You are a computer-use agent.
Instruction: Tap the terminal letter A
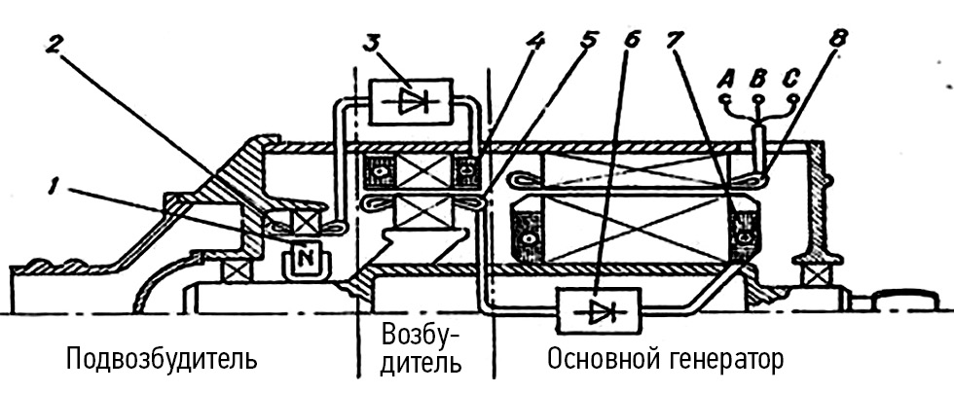click(x=723, y=77)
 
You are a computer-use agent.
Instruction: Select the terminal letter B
click(x=759, y=77)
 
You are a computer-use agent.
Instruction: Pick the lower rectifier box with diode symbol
click(x=598, y=312)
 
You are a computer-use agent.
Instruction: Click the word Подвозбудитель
click(x=162, y=360)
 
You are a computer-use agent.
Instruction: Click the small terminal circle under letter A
click(x=723, y=98)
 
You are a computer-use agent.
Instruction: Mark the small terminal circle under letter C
click(x=794, y=98)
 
